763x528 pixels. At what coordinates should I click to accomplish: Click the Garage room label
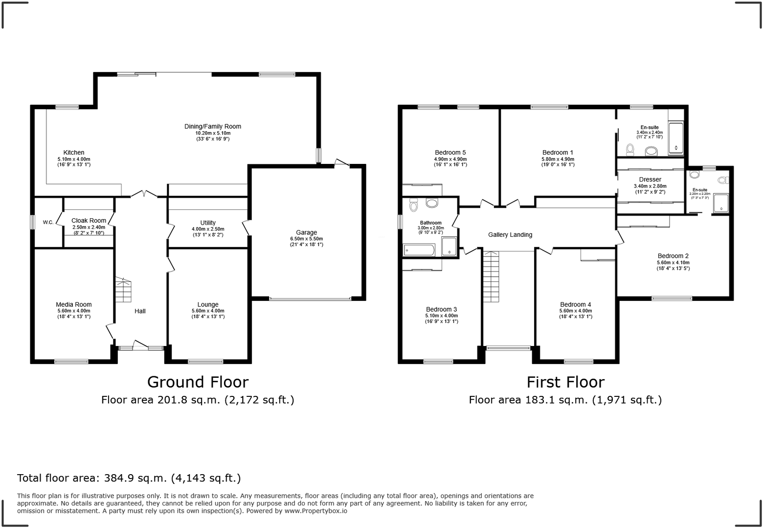(x=306, y=232)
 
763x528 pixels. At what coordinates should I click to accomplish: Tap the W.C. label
(x=48, y=223)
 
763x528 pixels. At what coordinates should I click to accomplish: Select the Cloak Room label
(x=89, y=221)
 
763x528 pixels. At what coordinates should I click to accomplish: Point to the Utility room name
(x=208, y=223)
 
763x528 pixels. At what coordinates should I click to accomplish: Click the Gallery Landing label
(x=510, y=235)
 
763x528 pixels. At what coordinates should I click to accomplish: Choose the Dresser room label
(x=650, y=180)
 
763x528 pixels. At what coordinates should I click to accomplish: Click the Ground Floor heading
(x=198, y=382)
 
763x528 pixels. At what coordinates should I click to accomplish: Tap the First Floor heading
(x=565, y=382)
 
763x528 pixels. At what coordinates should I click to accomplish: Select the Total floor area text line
(x=129, y=478)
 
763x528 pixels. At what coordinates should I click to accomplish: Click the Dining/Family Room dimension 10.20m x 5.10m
(x=213, y=133)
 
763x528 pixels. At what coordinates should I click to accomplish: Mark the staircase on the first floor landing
(x=491, y=277)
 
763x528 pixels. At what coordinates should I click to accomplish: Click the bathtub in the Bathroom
(x=419, y=251)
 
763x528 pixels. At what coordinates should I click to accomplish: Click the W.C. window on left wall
(x=32, y=222)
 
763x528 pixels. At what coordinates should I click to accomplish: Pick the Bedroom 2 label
(x=673, y=256)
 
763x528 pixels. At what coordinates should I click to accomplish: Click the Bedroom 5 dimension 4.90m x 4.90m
(x=450, y=159)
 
